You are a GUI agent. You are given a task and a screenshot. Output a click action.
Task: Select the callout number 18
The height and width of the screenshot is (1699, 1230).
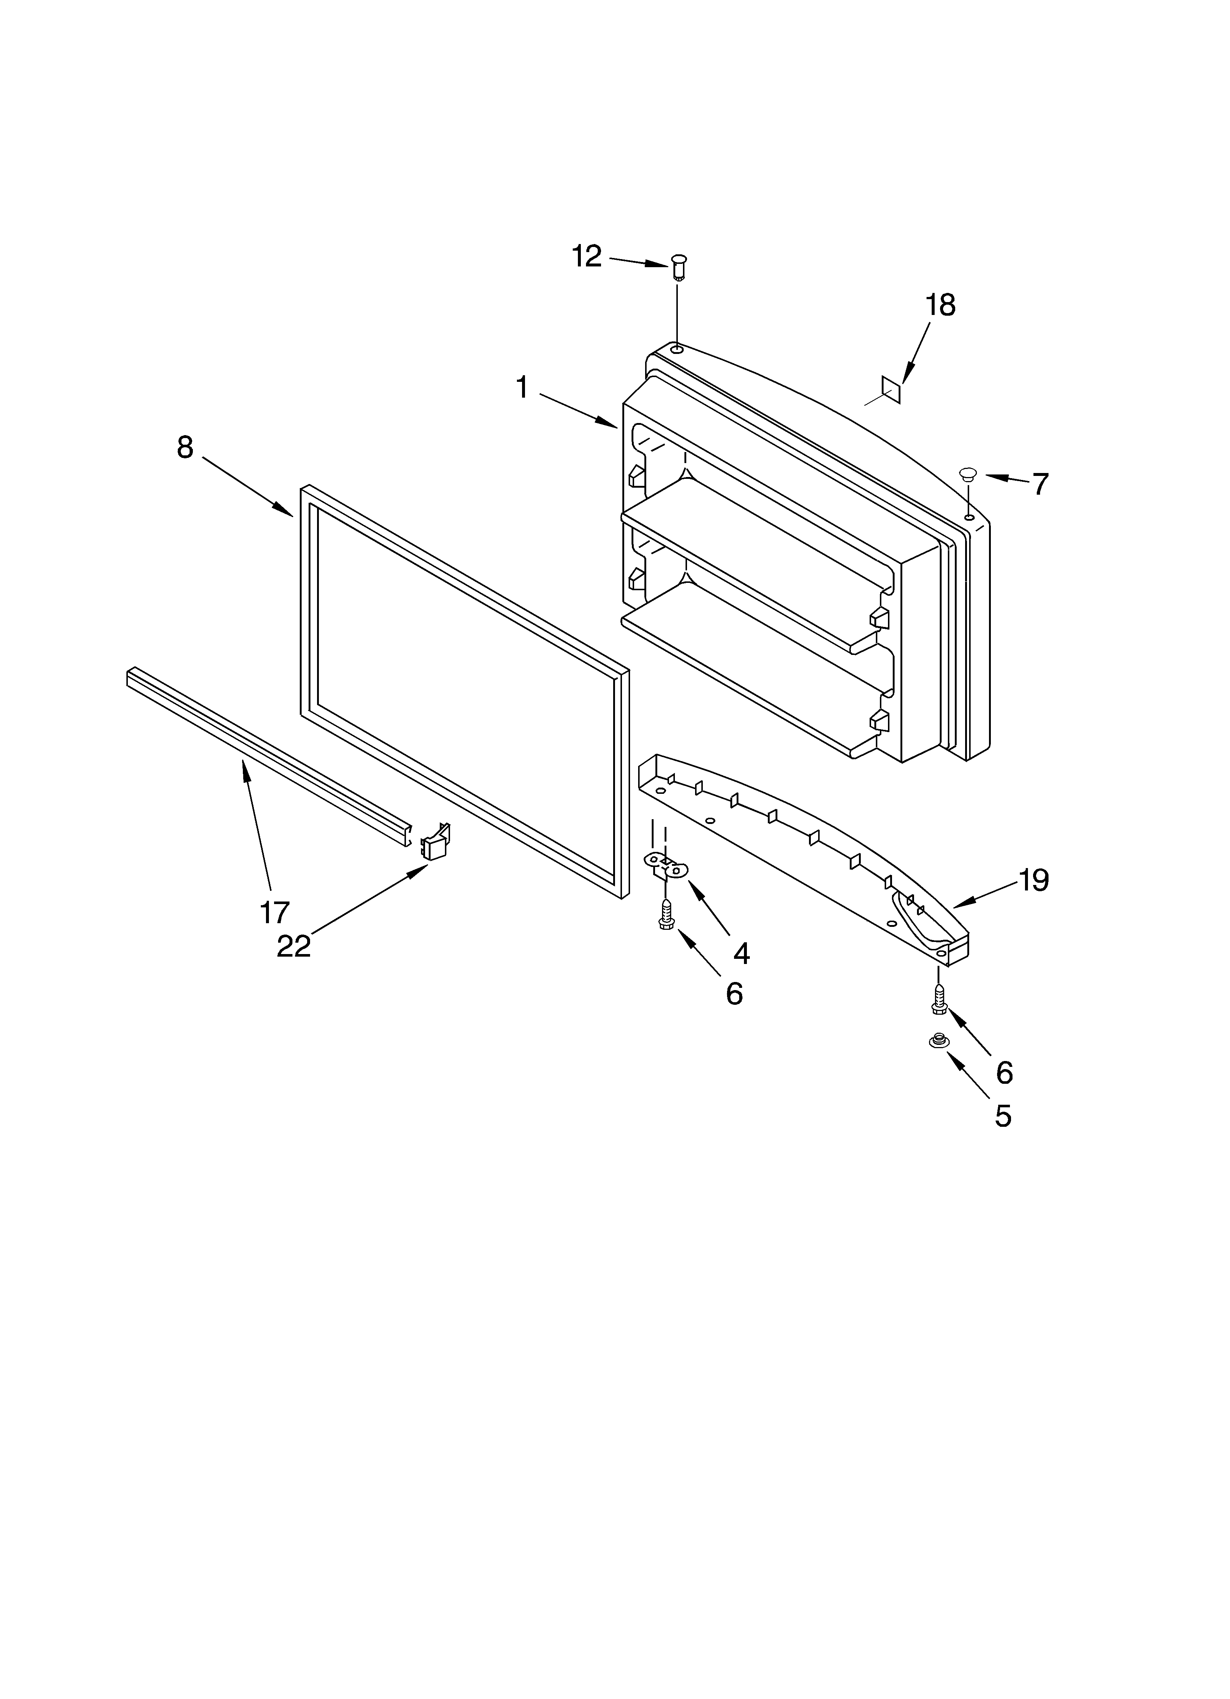[940, 306]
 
